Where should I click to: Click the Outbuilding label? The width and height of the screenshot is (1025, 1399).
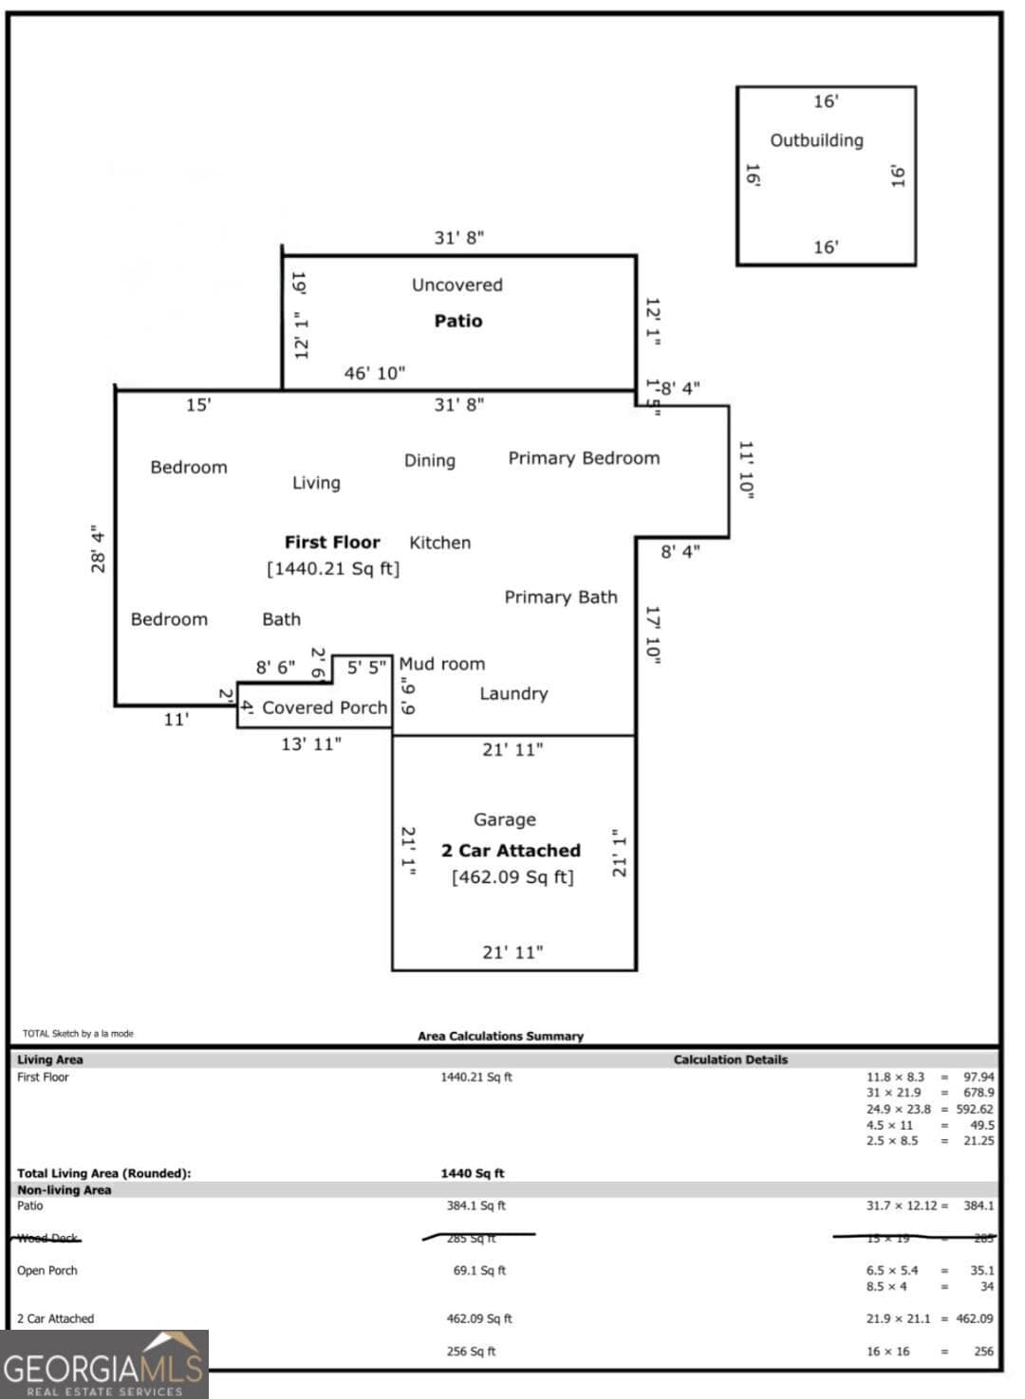click(816, 140)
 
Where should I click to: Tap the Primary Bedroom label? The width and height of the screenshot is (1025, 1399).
click(584, 458)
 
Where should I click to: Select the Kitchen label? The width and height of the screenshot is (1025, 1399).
click(439, 543)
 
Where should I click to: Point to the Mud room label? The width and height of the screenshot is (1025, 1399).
click(441, 664)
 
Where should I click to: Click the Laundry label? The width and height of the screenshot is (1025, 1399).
click(513, 693)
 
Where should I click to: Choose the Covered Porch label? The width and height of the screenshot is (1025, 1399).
click(325, 708)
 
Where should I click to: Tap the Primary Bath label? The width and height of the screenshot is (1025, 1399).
click(560, 597)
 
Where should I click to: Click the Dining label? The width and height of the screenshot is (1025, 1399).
click(430, 460)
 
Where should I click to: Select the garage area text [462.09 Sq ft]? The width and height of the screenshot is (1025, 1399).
click(512, 877)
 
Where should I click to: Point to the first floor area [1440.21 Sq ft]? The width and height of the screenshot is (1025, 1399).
click(333, 568)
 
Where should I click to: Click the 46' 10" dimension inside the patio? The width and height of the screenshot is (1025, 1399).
click(374, 373)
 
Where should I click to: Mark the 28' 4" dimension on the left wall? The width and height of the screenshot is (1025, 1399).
click(98, 549)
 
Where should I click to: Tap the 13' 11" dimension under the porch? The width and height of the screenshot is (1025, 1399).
click(310, 744)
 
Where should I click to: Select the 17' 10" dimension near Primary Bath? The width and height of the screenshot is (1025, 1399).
click(653, 634)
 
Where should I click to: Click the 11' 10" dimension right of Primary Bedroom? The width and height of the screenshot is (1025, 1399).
click(746, 468)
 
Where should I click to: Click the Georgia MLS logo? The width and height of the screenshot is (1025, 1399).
click(103, 1365)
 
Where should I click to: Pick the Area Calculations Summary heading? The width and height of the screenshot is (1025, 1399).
click(500, 1036)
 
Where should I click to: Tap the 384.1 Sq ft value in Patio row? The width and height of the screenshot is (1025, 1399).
click(475, 1206)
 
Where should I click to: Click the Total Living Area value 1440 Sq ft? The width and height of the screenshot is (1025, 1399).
click(472, 1173)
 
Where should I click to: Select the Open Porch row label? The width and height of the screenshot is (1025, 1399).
click(47, 1270)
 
